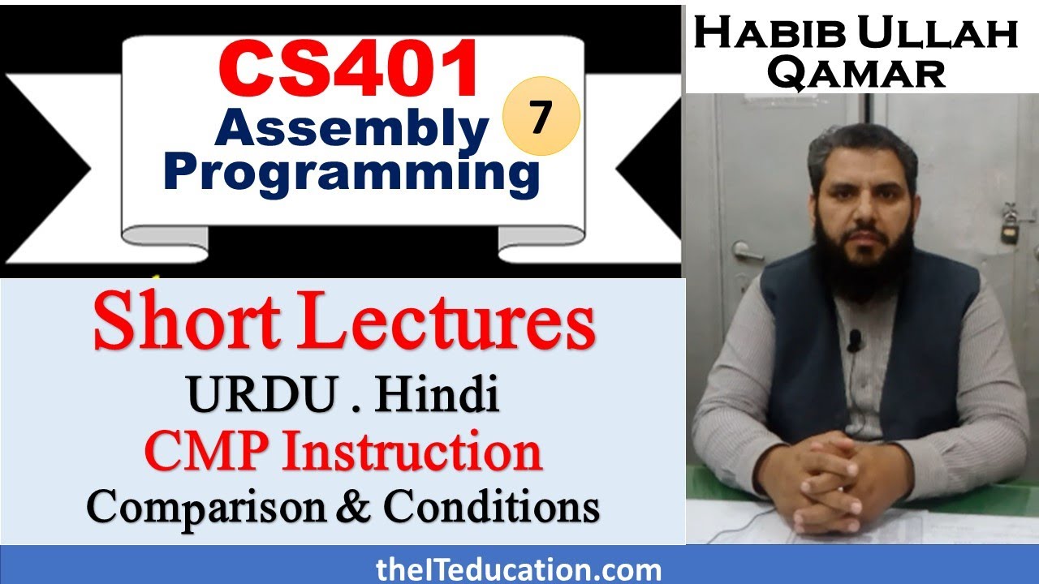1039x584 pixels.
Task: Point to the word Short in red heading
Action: pyautogui.click(x=183, y=324)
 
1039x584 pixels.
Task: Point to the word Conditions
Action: pyautogui.click(x=492, y=507)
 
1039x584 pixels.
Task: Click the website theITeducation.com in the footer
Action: pyautogui.click(x=519, y=569)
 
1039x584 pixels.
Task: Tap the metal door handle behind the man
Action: pyautogui.click(x=745, y=252)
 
